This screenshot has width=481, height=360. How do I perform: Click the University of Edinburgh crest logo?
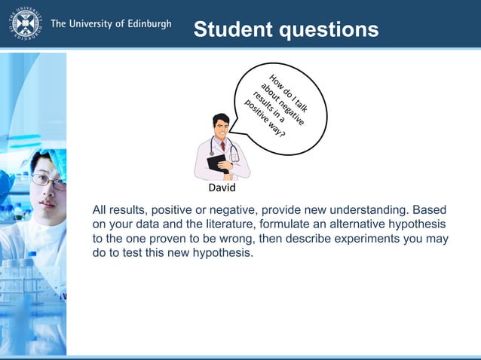click(26, 24)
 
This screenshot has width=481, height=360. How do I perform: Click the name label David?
click(222, 188)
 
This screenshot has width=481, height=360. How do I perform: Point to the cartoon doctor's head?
click(221, 125)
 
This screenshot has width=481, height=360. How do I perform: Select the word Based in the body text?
click(430, 209)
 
